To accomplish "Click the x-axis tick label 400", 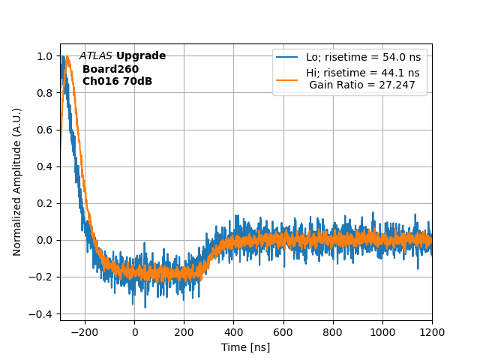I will coord(233,331).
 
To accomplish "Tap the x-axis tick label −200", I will coord(85,331).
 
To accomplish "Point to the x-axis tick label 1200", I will coord(432,331).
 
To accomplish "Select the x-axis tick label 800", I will coord(332,331).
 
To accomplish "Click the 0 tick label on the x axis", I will coord(135,331).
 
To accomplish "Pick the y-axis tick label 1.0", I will coord(45,56).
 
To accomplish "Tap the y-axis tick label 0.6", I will coord(45,130).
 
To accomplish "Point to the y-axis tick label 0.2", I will coord(45,203).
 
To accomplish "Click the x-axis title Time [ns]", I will coord(245,347).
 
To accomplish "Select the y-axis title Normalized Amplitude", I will coord(17,181).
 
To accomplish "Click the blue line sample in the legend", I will coord(287,57).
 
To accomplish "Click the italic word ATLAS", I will coord(96,56).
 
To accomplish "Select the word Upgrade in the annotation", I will coord(141,56).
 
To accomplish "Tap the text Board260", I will coord(110,69).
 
